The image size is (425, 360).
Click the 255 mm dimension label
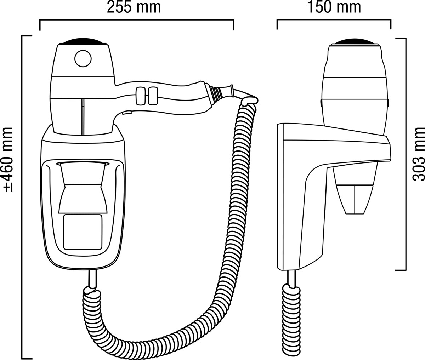(134, 8)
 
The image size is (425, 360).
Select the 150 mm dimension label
(334, 8)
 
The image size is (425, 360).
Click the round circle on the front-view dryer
(83, 58)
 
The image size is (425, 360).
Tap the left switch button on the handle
(140, 96)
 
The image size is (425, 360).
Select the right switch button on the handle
(153, 96)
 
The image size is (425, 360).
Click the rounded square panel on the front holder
(83, 232)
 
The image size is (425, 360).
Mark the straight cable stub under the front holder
(92, 278)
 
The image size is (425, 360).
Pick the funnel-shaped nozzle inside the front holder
(83, 188)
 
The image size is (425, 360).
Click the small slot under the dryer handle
(127, 113)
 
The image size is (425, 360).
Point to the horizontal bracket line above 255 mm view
(136, 21)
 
